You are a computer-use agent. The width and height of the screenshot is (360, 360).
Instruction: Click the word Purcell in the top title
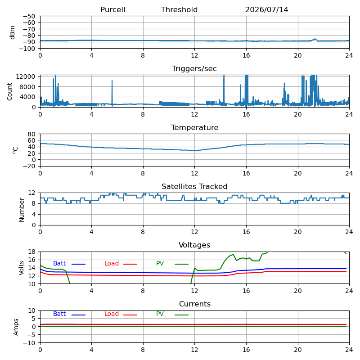(113, 9)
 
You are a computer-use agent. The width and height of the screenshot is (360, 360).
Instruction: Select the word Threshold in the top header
(179, 9)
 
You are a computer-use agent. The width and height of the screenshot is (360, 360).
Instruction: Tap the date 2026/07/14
(266, 9)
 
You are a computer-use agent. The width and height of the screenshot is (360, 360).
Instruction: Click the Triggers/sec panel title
(194, 69)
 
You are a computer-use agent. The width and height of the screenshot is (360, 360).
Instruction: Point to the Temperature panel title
(195, 127)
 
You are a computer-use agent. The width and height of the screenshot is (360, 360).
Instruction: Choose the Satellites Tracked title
(194, 186)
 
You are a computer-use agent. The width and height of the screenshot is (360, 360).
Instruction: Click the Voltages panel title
(194, 245)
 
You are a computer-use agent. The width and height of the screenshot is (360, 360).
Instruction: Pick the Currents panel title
(195, 304)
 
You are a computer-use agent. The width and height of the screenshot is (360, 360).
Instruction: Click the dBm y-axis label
(13, 32)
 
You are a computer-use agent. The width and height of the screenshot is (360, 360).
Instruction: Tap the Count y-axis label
(9, 92)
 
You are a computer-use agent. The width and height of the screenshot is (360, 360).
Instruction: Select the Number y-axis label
(22, 210)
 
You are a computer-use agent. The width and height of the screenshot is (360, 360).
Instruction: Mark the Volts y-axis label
(21, 268)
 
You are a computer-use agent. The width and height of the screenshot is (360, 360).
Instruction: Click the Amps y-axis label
(16, 327)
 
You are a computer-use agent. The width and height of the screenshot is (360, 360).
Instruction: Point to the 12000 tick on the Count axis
(26, 76)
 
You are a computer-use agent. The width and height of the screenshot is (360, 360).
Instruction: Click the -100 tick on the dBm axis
(27, 49)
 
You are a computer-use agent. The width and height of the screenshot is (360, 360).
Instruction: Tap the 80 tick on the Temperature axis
(31, 134)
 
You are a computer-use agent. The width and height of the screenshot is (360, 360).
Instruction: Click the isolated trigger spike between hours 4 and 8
(112, 93)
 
